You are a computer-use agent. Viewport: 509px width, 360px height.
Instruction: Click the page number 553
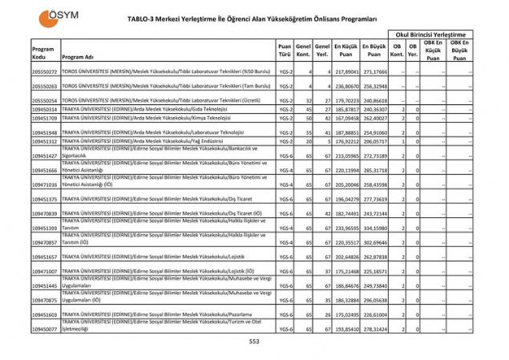click(x=254, y=342)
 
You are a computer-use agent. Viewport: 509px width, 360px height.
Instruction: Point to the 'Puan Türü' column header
click(x=284, y=49)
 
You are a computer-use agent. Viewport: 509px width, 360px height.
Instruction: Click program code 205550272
click(x=44, y=72)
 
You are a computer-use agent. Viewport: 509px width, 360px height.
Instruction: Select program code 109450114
click(x=44, y=108)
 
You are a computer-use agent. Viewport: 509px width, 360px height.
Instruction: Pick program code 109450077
click(x=44, y=329)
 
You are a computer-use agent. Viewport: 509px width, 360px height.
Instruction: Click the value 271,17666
click(x=374, y=72)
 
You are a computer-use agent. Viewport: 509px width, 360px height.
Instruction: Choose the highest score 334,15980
click(x=374, y=229)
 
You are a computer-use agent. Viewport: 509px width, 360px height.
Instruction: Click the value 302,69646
click(x=374, y=241)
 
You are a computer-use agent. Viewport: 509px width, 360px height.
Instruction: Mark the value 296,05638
click(x=374, y=300)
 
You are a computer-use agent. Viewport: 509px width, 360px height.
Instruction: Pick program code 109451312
click(x=44, y=141)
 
